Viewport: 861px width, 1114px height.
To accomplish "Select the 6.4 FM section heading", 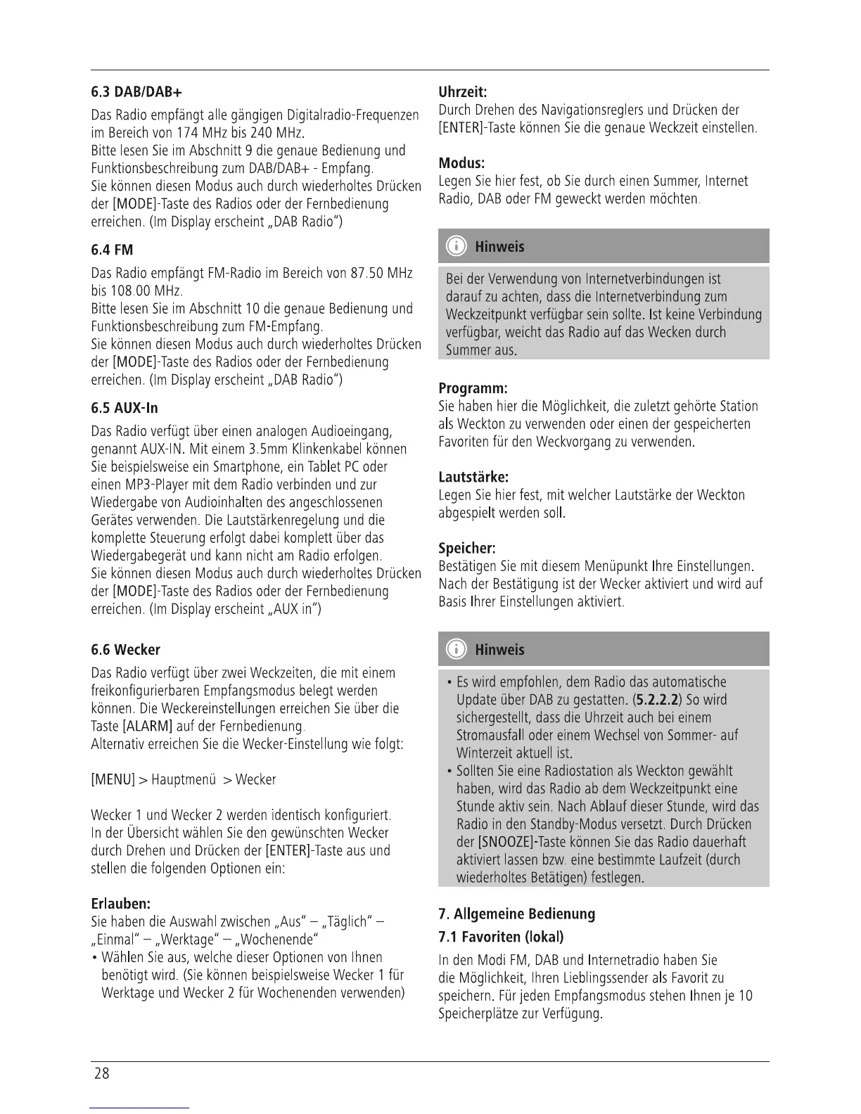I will point(112,250).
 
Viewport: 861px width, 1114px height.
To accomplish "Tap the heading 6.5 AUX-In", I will point(125,409).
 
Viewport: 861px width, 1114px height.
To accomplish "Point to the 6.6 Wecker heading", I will point(126,650).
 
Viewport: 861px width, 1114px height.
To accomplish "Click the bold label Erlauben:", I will point(121,904).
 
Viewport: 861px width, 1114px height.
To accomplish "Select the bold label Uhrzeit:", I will point(463,92).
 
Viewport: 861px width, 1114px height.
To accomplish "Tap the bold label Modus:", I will point(461,163).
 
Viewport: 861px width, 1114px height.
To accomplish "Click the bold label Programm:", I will point(473,388).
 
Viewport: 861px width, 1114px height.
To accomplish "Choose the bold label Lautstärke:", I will point(473,477).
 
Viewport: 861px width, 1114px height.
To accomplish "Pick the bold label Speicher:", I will point(467,548).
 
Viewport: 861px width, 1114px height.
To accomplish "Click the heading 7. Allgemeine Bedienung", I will point(516,914).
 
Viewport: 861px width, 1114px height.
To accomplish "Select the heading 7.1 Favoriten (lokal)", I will point(501,937).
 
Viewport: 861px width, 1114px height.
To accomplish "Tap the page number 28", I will point(102,1073).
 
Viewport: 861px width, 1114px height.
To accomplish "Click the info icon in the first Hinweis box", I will point(457,247).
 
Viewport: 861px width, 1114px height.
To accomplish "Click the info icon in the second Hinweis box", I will point(457,650).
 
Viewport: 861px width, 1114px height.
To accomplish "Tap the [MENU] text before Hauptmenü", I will point(113,780).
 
